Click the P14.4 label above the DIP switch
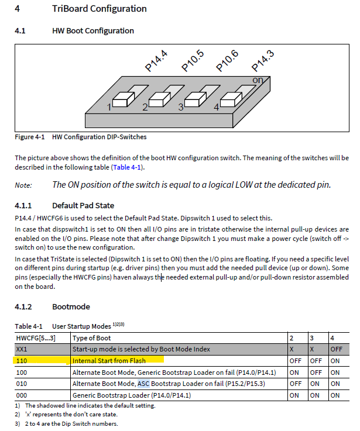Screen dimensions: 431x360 pos(156,61)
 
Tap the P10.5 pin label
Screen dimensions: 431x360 pos(192,61)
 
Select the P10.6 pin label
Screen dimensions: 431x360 pos(227,61)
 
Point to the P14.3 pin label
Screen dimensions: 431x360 pos(262,61)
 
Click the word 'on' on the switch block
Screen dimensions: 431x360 pos(258,80)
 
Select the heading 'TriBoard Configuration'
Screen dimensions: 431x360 pos(99,9)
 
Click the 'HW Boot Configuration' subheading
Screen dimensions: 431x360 pos(92,30)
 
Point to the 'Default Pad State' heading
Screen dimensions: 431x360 pos(83,205)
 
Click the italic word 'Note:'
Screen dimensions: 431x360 pos(24,185)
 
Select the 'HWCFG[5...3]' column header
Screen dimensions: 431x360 pos(36,338)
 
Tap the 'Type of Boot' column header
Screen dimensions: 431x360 pos(92,338)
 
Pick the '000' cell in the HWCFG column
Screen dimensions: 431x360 pos(22,395)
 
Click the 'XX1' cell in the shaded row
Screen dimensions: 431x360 pos(22,349)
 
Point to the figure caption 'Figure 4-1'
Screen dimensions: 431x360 pos(30,137)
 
